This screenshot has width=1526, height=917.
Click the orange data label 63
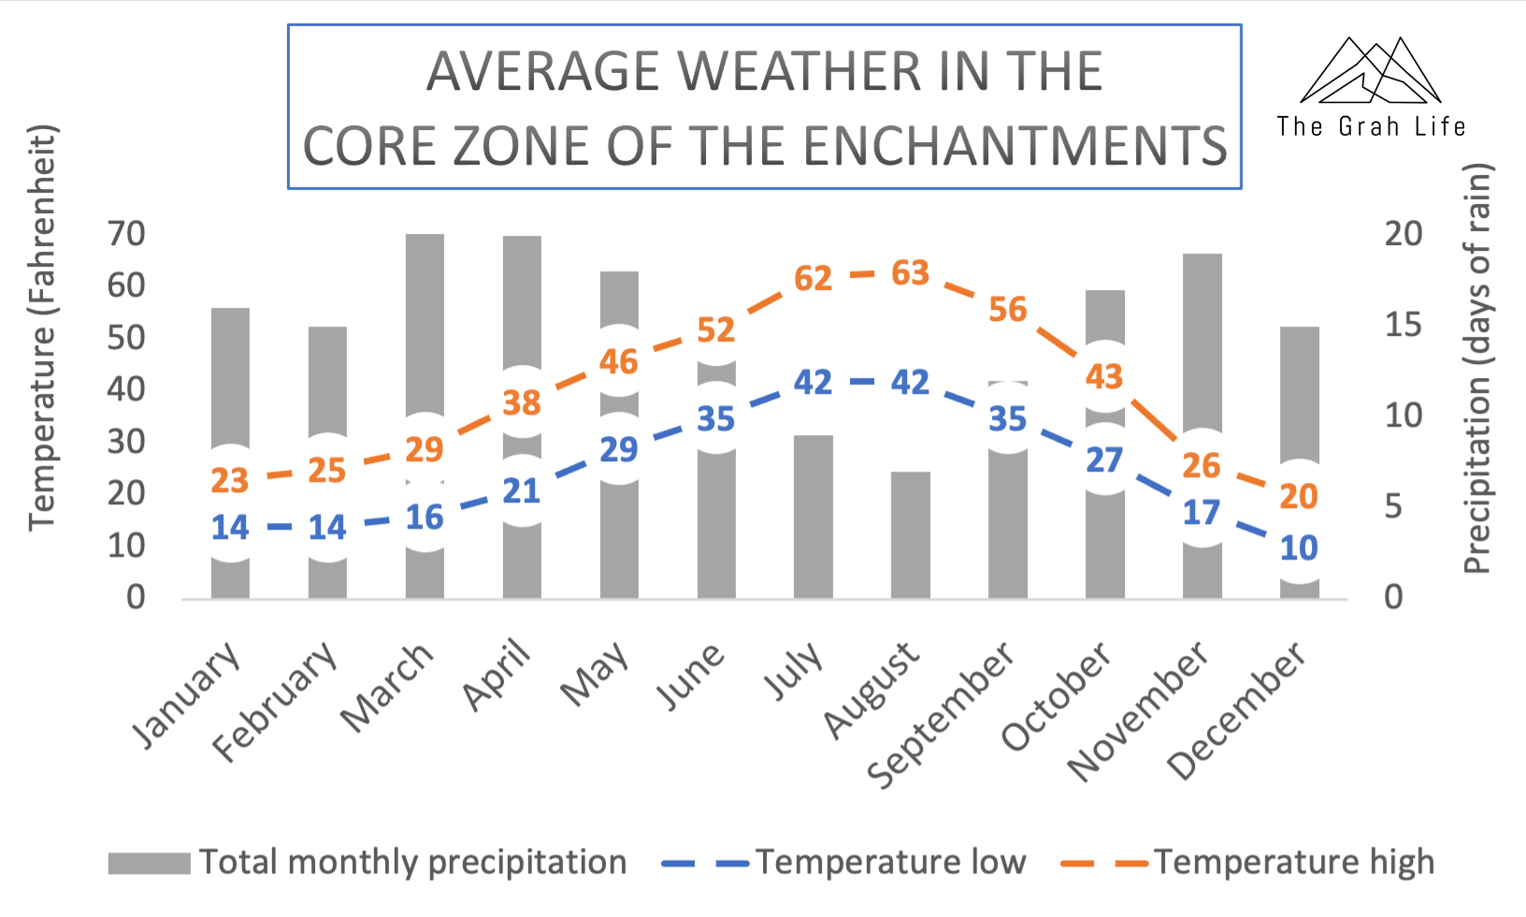click(x=911, y=273)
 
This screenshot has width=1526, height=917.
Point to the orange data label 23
click(x=230, y=481)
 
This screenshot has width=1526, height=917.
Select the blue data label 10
click(x=1299, y=548)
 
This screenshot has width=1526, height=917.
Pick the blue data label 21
click(x=522, y=491)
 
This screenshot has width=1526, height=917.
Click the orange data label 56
click(x=1008, y=310)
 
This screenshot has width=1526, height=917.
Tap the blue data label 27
click(x=1104, y=460)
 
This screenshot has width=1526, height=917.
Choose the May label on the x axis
click(x=595, y=676)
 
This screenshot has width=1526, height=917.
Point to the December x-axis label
click(x=1238, y=711)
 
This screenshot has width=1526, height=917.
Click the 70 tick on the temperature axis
click(x=126, y=234)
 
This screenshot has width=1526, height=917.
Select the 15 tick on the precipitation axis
click(x=1404, y=325)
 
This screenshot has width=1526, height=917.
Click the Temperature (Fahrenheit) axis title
click(x=43, y=327)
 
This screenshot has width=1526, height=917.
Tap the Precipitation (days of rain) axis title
click(x=1476, y=369)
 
